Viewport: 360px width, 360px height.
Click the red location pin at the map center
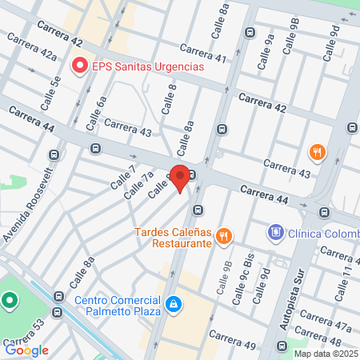[181, 178]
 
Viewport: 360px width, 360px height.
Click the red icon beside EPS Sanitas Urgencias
[79, 66]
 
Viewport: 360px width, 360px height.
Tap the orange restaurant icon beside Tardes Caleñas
[225, 236]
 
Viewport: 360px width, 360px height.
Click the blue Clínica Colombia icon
[276, 232]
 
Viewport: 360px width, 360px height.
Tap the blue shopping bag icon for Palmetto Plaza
[174, 305]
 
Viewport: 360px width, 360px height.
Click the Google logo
[27, 350]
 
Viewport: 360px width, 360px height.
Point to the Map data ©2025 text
[325, 354]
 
